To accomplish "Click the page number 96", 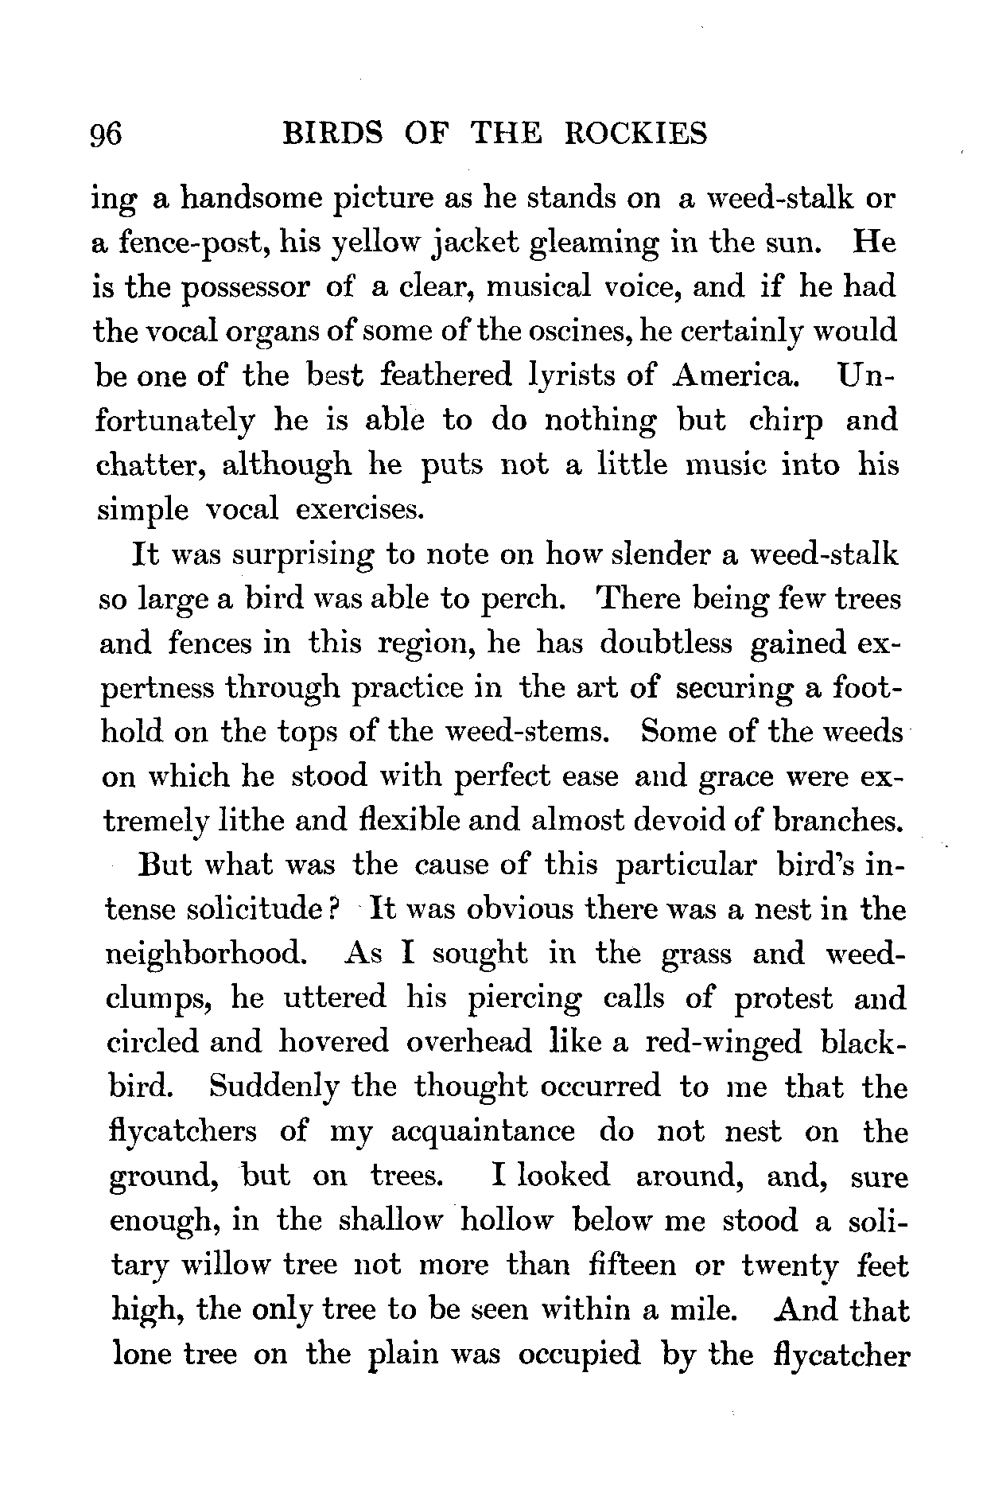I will pos(107,134).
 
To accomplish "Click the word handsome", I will pos(247,198).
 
